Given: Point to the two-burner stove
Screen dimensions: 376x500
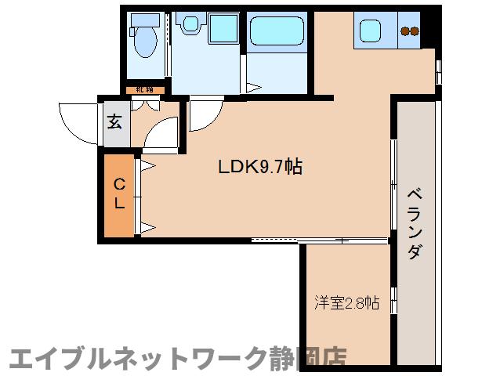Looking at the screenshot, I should point(409,31).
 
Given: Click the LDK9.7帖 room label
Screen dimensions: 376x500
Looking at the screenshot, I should point(260,167).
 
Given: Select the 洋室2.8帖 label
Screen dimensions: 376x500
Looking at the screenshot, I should point(347,302).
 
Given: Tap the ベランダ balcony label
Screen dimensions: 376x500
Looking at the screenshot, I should point(415,224).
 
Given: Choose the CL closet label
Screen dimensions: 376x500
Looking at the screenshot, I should point(120,194).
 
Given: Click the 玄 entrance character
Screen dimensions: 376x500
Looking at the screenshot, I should point(115,121).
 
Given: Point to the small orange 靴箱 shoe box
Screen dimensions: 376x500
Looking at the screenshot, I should point(145,90).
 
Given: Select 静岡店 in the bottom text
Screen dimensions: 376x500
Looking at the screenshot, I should point(310,357).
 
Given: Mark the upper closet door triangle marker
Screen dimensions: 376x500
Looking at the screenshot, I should point(148,165).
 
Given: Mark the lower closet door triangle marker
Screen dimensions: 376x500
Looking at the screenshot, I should point(148,228).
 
